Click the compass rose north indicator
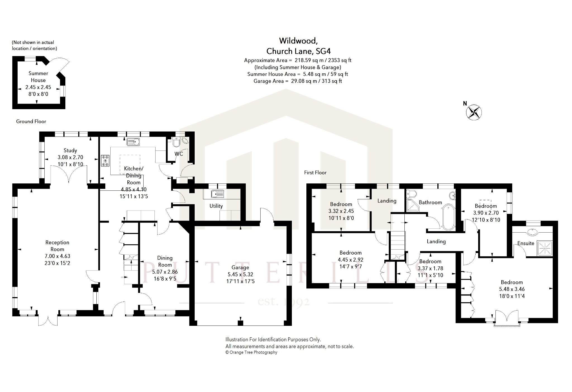point(474,113)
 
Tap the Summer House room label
point(38,77)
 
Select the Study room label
point(70,150)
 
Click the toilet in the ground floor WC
point(176,142)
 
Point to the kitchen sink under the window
point(134,142)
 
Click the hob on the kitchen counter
point(105,161)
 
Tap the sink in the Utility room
point(218,194)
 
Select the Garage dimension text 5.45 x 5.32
point(240,274)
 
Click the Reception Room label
point(57,246)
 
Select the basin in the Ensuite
point(532,232)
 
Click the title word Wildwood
point(298,41)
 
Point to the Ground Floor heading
point(31,121)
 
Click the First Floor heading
point(315,173)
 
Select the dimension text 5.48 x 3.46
point(512,289)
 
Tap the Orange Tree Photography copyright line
point(251,352)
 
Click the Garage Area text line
point(298,81)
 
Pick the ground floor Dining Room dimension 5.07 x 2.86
point(165,272)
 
